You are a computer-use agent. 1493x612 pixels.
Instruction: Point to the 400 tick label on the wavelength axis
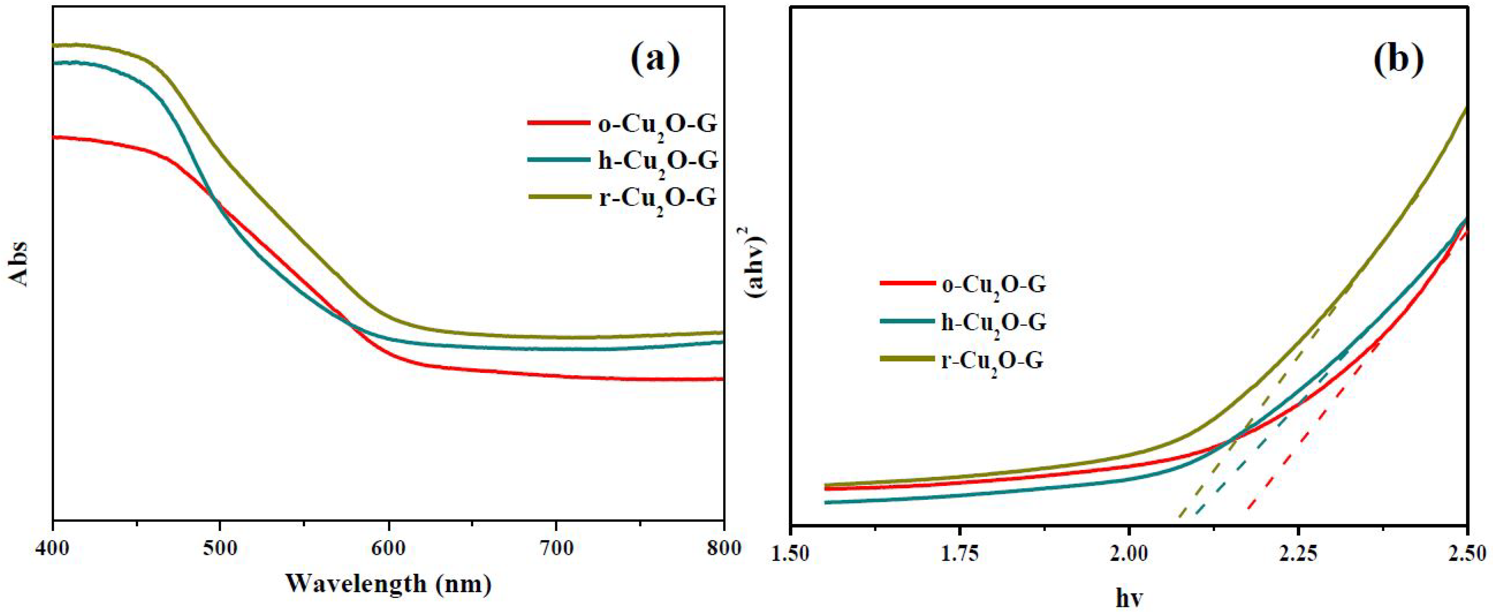pyautogui.click(x=53, y=548)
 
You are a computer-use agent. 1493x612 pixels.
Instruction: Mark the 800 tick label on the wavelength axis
pyautogui.click(x=723, y=548)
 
